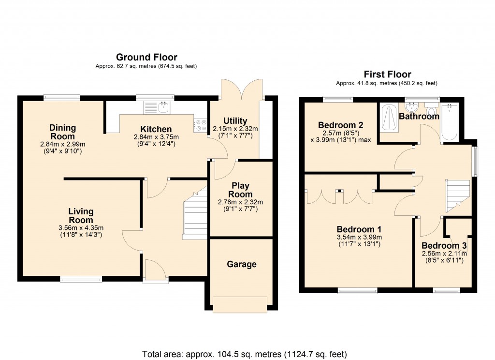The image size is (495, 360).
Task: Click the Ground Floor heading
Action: click(146, 57)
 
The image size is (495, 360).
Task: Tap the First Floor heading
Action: click(387, 74)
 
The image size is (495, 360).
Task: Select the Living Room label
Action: click(81, 216)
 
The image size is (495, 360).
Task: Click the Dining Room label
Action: click(62, 132)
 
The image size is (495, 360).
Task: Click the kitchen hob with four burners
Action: click(200, 126)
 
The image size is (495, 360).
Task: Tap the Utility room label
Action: click(235, 121)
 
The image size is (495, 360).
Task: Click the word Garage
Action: click(241, 264)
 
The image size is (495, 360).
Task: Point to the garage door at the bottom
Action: click(240, 304)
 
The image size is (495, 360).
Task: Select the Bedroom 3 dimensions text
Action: click(444, 257)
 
